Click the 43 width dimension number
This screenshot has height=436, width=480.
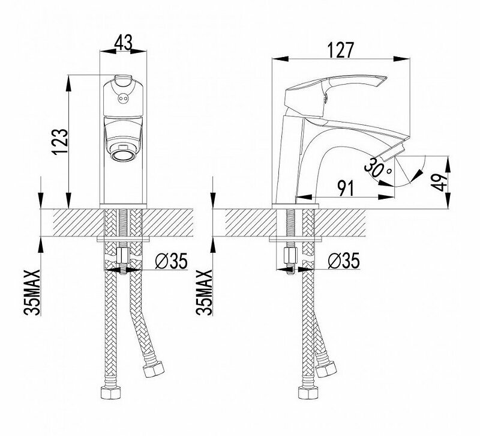pos(122,43)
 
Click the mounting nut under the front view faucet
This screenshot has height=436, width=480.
pos(123,258)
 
